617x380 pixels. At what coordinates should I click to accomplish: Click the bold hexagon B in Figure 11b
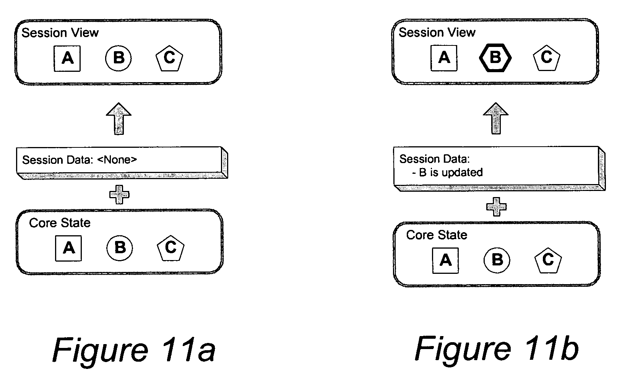pyautogui.click(x=495, y=58)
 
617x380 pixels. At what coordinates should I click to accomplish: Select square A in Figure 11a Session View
pyautogui.click(x=67, y=58)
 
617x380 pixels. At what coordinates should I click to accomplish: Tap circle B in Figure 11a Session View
pyautogui.click(x=119, y=58)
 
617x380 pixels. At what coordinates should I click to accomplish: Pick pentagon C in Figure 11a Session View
pyautogui.click(x=169, y=58)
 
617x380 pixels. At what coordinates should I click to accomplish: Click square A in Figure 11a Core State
pyautogui.click(x=68, y=248)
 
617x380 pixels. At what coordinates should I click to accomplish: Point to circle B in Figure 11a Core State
pyautogui.click(x=120, y=248)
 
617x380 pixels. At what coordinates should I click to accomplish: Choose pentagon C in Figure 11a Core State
pyautogui.click(x=170, y=248)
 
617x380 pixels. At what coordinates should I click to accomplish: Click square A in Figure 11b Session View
pyautogui.click(x=444, y=58)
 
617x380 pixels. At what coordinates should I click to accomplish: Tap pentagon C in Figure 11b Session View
pyautogui.click(x=546, y=58)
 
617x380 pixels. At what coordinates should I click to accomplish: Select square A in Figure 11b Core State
pyautogui.click(x=445, y=260)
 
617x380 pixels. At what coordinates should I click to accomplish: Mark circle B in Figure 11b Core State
pyautogui.click(x=497, y=260)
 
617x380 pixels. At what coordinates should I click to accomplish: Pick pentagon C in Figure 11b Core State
pyautogui.click(x=548, y=260)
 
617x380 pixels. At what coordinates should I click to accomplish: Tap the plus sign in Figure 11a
pyautogui.click(x=119, y=195)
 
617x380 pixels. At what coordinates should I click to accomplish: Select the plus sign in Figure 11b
pyautogui.click(x=496, y=207)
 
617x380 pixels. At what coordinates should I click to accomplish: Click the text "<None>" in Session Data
pyautogui.click(x=117, y=160)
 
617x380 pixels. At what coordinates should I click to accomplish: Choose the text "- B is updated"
pyautogui.click(x=447, y=173)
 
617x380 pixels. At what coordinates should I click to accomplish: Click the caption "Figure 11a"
pyautogui.click(x=134, y=349)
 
